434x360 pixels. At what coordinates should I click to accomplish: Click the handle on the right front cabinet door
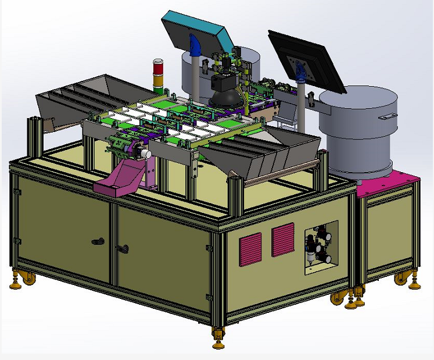click(x=123, y=249)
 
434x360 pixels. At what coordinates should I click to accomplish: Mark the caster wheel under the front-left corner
click(x=27, y=277)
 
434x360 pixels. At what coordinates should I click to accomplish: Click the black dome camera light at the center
click(x=225, y=93)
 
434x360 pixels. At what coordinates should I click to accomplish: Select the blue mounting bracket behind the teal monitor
click(x=195, y=45)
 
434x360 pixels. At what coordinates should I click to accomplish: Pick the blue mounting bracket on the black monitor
click(x=300, y=72)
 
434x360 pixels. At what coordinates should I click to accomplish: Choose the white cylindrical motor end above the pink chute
click(x=145, y=154)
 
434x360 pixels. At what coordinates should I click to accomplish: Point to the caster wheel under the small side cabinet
click(x=401, y=279)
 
